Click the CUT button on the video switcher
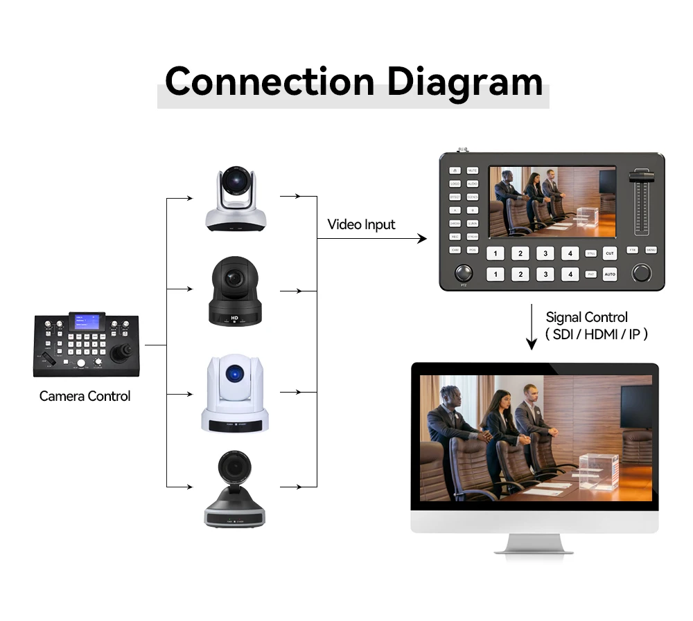[609, 253]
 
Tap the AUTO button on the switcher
[609, 275]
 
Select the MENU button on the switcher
[651, 250]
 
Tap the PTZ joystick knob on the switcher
[464, 273]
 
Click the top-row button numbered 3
[545, 253]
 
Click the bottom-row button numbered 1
[495, 275]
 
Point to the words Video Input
[361, 224]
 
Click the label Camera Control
[85, 396]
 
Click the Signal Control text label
[586, 317]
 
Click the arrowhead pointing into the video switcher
[422, 239]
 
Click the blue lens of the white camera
[236, 374]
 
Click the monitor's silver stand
[534, 543]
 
